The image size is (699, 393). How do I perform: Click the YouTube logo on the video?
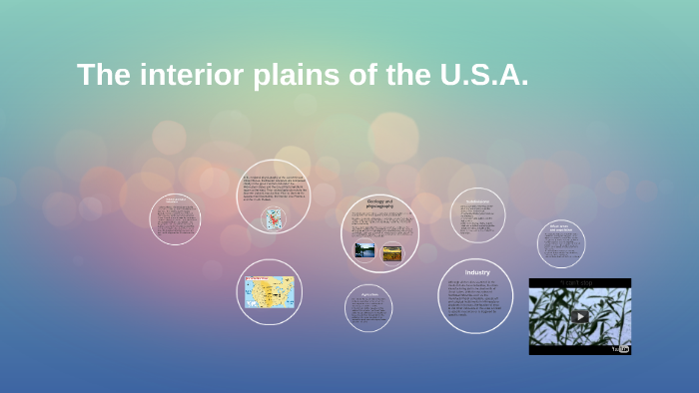point(620,347)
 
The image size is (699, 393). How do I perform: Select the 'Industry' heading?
point(476,272)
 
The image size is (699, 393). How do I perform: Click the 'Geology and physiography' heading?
point(380,203)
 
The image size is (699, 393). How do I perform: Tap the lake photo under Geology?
point(364,250)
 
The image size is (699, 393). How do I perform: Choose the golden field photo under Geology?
point(391,252)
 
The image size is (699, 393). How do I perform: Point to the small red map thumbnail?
point(273,219)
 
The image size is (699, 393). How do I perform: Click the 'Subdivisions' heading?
point(476,201)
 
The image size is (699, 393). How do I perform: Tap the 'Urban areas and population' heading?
point(560,228)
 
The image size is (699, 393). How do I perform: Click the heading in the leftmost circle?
point(175,200)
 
